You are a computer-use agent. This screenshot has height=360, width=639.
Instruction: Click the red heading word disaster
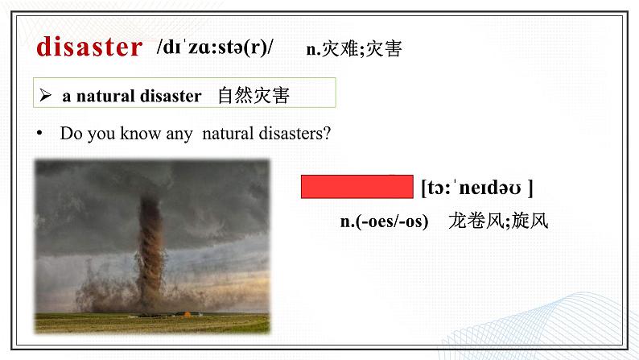tap(89, 47)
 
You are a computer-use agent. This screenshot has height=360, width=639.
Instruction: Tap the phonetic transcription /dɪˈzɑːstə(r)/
tap(215, 48)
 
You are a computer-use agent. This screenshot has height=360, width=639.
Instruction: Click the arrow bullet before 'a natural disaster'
tap(47, 96)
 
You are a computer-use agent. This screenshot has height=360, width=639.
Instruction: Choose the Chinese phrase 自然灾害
tap(253, 96)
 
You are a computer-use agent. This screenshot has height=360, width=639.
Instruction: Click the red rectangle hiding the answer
tap(357, 187)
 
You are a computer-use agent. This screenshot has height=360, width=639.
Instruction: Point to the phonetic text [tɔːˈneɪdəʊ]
tap(476, 188)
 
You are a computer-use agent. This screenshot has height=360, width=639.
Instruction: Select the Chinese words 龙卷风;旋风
tap(498, 221)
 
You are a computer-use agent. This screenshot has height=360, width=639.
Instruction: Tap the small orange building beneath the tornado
tap(188, 313)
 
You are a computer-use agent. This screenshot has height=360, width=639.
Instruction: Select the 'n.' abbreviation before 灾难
tap(313, 49)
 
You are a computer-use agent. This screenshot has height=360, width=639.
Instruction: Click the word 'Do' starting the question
tap(69, 134)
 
